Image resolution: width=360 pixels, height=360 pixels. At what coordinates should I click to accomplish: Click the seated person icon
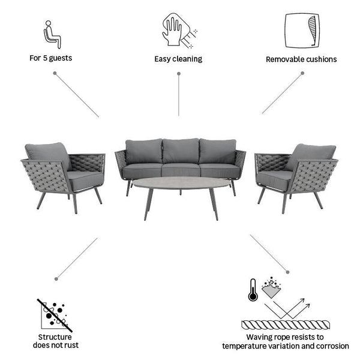pyautogui.click(x=52, y=34)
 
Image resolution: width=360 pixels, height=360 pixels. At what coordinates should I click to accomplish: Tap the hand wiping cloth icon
pyautogui.click(x=179, y=30)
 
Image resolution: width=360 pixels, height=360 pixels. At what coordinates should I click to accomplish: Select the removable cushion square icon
pyautogui.click(x=302, y=31)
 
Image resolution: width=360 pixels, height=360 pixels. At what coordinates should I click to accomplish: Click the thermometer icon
pyautogui.click(x=253, y=290)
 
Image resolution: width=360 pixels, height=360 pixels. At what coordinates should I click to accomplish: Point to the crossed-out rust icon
pyautogui.click(x=55, y=315)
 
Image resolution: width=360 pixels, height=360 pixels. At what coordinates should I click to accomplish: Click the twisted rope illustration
pyautogui.click(x=286, y=325)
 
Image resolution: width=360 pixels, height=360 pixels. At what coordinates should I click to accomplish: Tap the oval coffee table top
pyautogui.click(x=181, y=182)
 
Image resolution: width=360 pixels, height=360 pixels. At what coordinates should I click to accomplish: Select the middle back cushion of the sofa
pyautogui.click(x=181, y=151)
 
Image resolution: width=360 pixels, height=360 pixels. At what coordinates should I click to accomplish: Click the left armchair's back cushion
pyautogui.click(x=49, y=155)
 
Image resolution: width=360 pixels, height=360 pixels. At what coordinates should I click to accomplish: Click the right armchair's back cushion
pyautogui.click(x=310, y=156)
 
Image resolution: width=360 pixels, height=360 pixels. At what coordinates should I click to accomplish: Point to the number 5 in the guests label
pyautogui.click(x=45, y=58)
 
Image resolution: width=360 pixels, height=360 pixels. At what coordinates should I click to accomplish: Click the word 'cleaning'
pyautogui.click(x=187, y=59)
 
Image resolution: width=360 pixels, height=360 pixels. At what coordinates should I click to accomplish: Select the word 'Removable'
pyautogui.click(x=285, y=59)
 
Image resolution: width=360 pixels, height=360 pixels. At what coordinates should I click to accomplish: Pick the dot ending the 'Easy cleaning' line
pyautogui.click(x=179, y=74)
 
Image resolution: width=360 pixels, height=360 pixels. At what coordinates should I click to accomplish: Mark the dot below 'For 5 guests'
pyautogui.click(x=55, y=73)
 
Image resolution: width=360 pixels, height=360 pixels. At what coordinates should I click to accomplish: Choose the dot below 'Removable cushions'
pyautogui.click(x=302, y=73)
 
